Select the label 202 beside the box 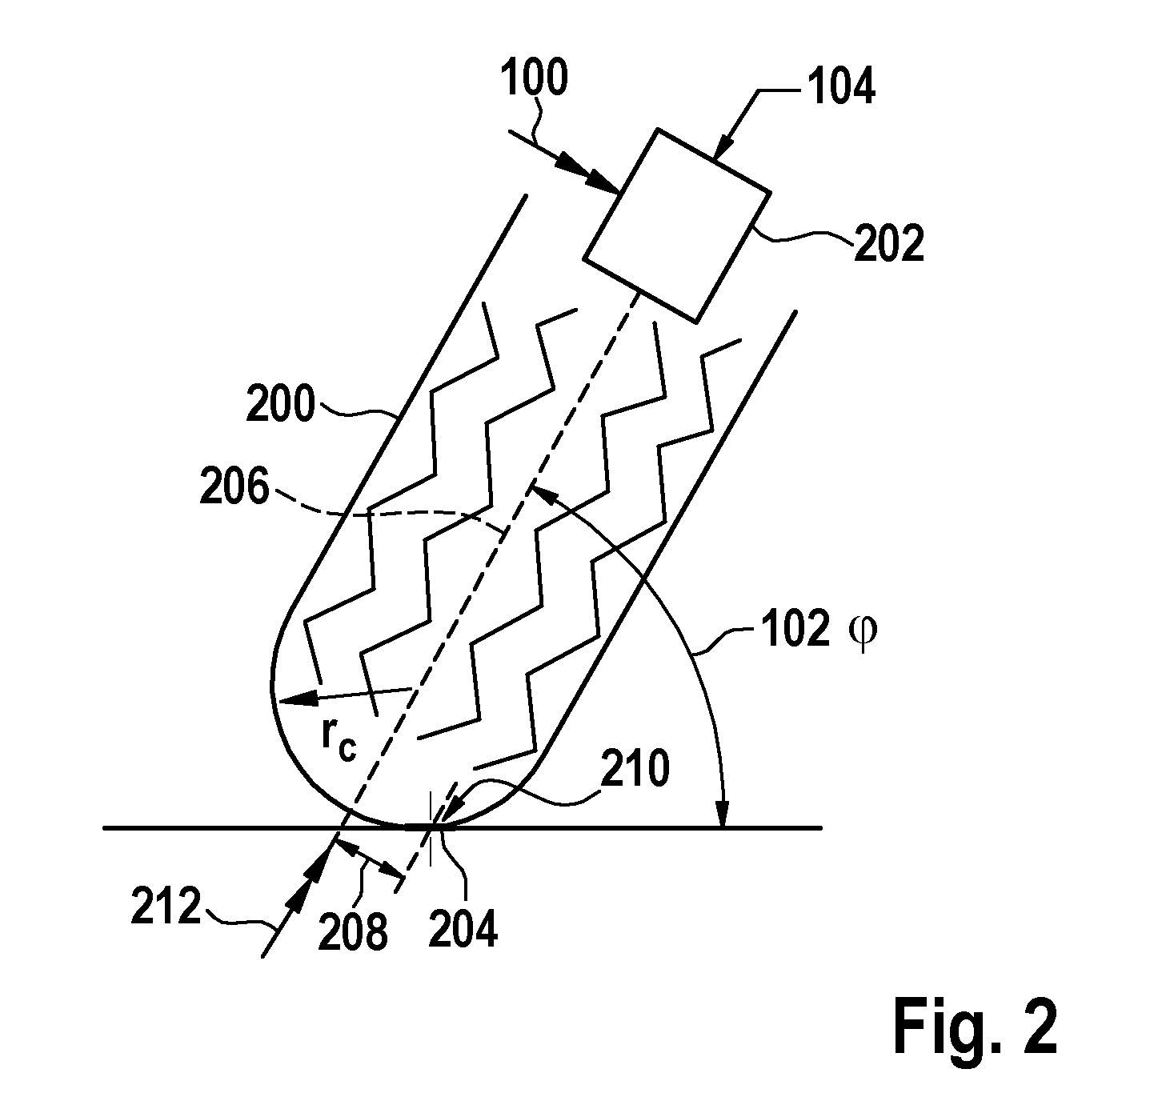click(889, 243)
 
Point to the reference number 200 click(281, 404)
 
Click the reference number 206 click(234, 486)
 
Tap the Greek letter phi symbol click(862, 633)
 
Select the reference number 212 click(166, 907)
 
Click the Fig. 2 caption click(975, 1027)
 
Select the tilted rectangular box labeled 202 click(676, 226)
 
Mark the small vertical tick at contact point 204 click(431, 827)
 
